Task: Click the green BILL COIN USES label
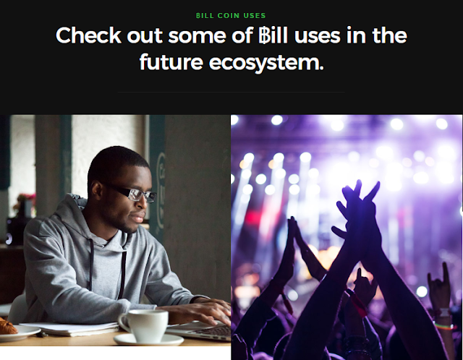coord(231,16)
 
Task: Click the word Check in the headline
coord(88,35)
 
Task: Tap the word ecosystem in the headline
coord(266,63)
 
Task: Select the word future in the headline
coord(171,62)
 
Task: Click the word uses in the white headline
coord(318,36)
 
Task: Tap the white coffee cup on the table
coord(144,326)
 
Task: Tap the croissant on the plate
coord(7,326)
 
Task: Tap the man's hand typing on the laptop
coord(207,312)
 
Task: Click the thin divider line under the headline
coord(231,92)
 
